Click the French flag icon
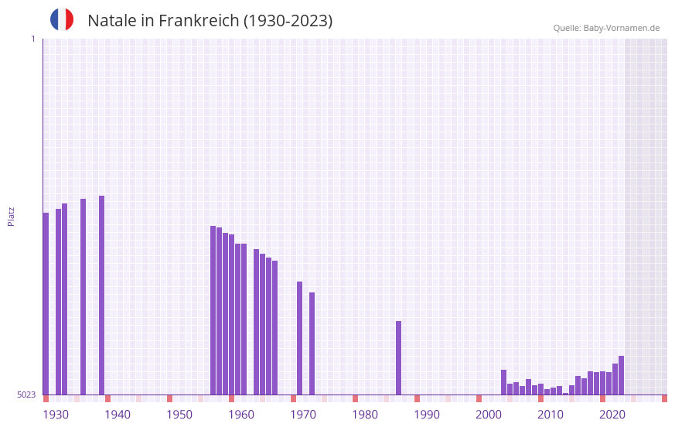click(x=62, y=19)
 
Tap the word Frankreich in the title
click(x=199, y=21)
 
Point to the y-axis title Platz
click(x=11, y=216)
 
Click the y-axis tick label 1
click(x=32, y=39)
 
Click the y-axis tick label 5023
click(x=26, y=395)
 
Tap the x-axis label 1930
click(x=56, y=415)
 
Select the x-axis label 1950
click(x=179, y=415)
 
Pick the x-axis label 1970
click(x=303, y=415)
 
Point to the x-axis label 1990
click(x=427, y=415)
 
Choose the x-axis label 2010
click(x=551, y=415)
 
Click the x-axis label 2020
click(x=612, y=415)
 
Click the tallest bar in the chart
click(x=101, y=294)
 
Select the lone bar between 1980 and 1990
click(x=398, y=357)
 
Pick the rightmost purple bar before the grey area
click(x=621, y=375)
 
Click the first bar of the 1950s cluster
click(x=213, y=309)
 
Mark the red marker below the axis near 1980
click(x=355, y=398)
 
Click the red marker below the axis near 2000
click(x=479, y=398)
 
